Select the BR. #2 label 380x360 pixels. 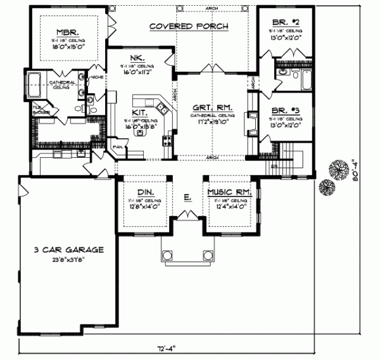(284, 20)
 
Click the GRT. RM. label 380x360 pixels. (210, 107)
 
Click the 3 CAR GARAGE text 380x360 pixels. (69, 250)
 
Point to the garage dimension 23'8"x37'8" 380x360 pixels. (70, 259)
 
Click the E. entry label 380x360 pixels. (187, 198)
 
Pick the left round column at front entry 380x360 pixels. (167, 255)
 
